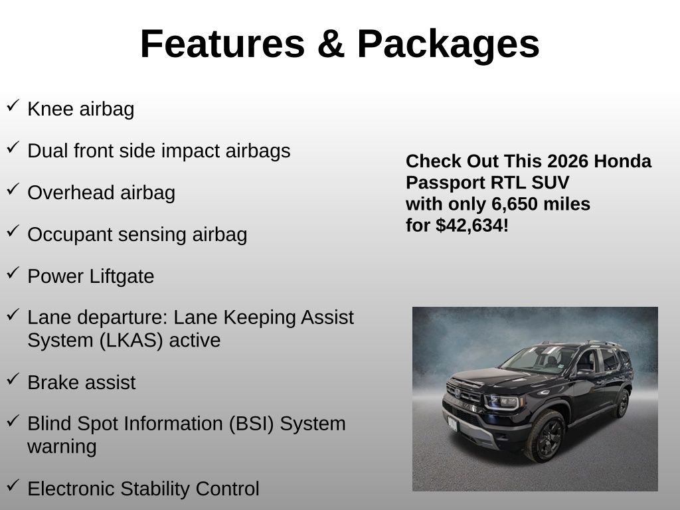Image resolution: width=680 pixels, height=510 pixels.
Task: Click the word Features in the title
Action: coord(222,44)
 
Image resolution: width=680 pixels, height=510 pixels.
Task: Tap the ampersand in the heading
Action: coord(331,44)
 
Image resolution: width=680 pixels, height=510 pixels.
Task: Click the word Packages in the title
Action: coord(448,46)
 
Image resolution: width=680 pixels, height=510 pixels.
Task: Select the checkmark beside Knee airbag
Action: coord(13,106)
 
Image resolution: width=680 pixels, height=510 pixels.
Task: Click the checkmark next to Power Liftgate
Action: coord(13,273)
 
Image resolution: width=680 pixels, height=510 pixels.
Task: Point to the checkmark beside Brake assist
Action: coord(13,379)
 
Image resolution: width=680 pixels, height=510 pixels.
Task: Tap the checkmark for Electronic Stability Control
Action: coord(13,485)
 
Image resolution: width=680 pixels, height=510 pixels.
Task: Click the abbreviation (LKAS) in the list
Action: coord(131,341)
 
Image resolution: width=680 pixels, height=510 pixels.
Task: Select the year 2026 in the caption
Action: coord(562,161)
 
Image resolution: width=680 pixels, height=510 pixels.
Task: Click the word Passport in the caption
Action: coord(444,183)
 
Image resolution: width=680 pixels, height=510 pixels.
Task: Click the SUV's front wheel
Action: coord(546,436)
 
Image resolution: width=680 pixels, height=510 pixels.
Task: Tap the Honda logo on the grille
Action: coord(457,393)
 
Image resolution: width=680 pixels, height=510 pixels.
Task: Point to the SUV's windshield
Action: coord(538,359)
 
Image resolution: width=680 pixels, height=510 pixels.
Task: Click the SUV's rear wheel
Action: coord(623,403)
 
